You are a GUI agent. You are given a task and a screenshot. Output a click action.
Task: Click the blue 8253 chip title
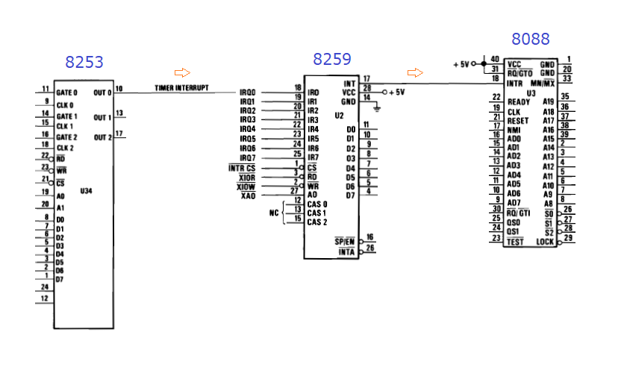84,63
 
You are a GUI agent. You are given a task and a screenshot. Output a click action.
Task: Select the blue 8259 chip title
332,59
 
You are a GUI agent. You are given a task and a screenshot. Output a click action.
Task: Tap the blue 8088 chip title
530,39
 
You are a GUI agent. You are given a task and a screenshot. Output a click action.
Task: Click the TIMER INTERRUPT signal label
182,88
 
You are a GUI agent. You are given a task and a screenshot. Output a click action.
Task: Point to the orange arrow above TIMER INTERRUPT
181,72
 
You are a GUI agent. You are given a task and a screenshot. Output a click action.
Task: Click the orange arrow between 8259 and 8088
415,72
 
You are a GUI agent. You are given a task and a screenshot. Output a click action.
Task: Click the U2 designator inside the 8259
339,116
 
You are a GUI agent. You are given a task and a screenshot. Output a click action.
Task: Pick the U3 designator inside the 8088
531,93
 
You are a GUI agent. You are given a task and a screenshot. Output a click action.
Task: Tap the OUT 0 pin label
102,93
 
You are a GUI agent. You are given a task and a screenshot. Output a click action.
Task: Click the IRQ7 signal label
248,157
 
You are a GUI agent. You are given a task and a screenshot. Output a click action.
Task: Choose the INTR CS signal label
242,167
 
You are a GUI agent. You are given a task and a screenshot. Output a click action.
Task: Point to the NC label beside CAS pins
273,213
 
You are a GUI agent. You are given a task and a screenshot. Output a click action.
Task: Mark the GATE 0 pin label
66,93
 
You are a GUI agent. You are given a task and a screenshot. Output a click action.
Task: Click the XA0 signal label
249,195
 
